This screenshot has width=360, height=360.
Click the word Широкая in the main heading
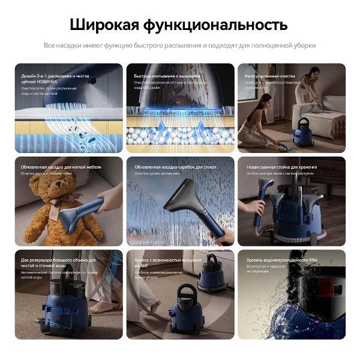[x=104, y=25]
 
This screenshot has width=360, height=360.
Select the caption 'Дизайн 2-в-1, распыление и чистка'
[x=55, y=76]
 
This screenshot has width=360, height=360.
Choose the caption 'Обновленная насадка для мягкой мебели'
[x=61, y=167]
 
